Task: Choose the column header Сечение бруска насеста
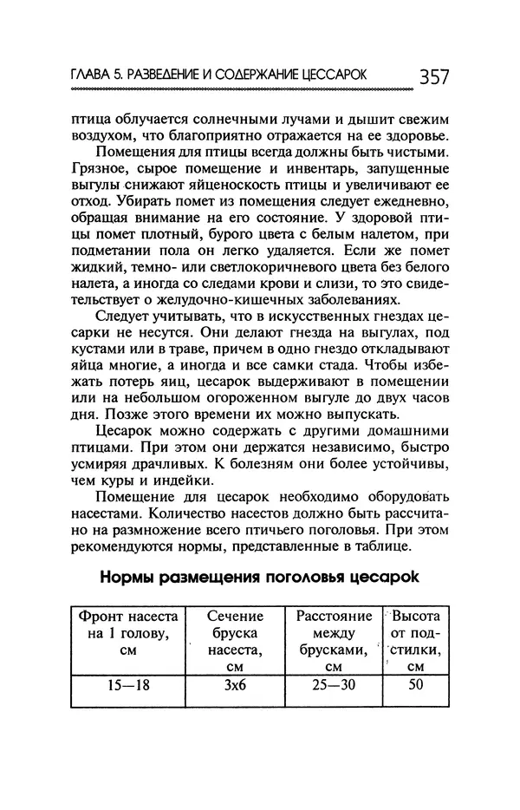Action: pyautogui.click(x=234, y=641)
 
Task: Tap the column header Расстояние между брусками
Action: pyautogui.click(x=334, y=641)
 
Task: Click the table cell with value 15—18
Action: pyautogui.click(x=127, y=684)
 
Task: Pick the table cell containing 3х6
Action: pyautogui.click(x=234, y=684)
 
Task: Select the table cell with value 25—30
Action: pyautogui.click(x=334, y=684)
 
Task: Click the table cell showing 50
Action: pyautogui.click(x=415, y=684)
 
